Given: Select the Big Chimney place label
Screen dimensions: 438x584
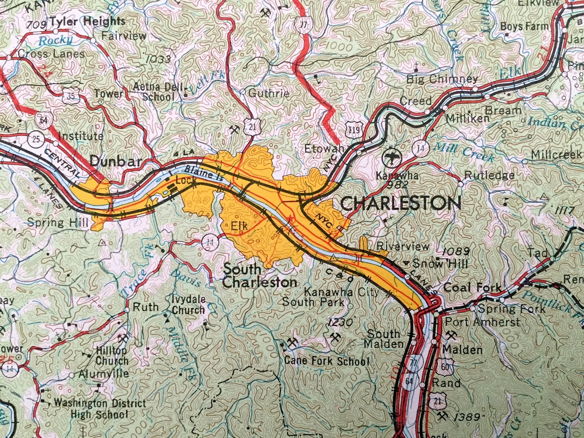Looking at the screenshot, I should [x=442, y=79].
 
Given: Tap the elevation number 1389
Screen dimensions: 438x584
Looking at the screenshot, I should [x=467, y=417].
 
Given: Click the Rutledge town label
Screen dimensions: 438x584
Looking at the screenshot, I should [x=489, y=175].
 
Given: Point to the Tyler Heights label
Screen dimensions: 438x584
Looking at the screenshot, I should [x=87, y=22].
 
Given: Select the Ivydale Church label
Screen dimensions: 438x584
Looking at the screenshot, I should [x=188, y=305].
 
